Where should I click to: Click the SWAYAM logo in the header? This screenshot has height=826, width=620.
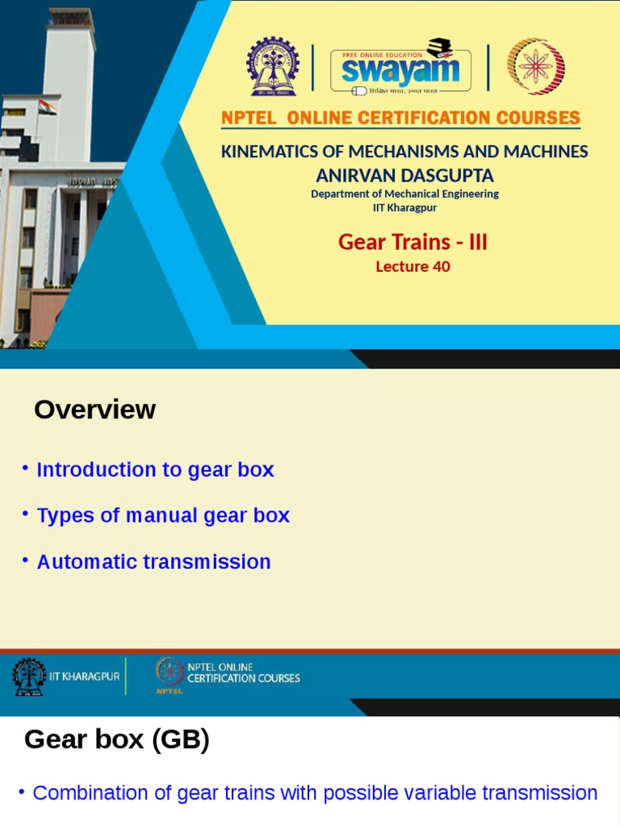[x=395, y=67]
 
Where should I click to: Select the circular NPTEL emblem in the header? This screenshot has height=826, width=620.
[x=535, y=67]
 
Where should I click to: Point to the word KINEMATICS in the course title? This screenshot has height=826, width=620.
[x=267, y=152]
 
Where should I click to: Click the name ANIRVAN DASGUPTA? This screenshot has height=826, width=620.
[x=404, y=175]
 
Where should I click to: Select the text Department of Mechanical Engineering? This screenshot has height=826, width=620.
[x=404, y=194]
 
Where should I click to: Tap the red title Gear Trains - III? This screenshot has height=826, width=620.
[x=413, y=242]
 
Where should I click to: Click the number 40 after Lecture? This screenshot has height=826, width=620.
[x=441, y=266]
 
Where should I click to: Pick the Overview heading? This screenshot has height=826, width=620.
[x=94, y=410]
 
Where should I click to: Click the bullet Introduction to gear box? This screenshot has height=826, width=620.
[x=155, y=469]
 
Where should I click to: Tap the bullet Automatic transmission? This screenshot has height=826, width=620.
[x=153, y=561]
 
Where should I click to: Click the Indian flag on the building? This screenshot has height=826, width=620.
[x=48, y=106]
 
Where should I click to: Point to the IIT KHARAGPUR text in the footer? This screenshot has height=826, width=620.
[x=84, y=677]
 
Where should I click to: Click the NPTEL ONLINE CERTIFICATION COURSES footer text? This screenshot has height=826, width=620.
[x=243, y=673]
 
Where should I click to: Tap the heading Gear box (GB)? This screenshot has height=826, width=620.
[x=117, y=739]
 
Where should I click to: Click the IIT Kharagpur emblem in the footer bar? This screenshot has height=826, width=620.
[x=29, y=677]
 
